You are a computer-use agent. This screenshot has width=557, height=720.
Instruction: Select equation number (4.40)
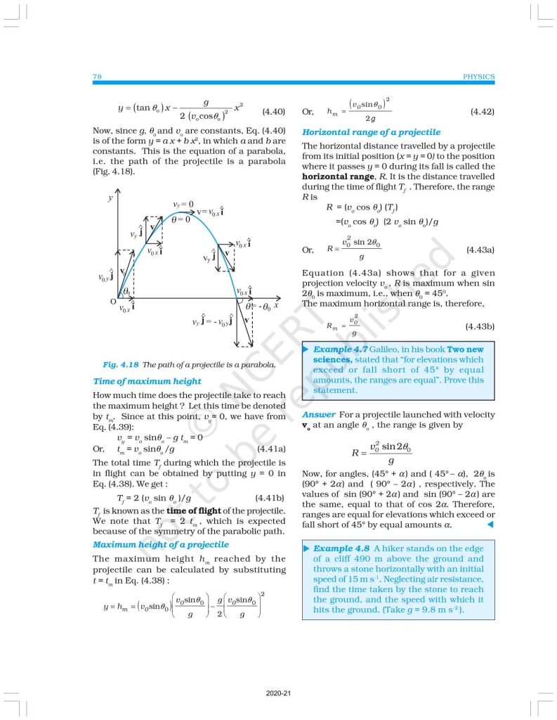273,111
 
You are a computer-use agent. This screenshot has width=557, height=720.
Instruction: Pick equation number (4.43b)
480,327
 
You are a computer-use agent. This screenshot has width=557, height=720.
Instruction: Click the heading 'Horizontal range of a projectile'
371,131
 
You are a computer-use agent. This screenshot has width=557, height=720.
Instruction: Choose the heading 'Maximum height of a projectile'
159,544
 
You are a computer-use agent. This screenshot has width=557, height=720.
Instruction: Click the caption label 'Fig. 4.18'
120,365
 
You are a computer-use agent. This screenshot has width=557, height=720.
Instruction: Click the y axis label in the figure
110,199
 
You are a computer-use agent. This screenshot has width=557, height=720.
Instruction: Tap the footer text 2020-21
279,694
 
